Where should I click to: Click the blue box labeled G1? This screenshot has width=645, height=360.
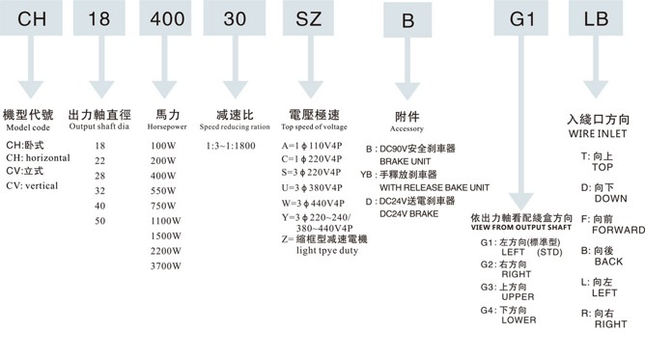pos(520,19)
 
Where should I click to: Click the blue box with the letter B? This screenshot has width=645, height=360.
pos(407,21)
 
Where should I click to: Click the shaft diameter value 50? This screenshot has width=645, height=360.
pos(101,221)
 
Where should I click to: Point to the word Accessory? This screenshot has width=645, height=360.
pos(407,127)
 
